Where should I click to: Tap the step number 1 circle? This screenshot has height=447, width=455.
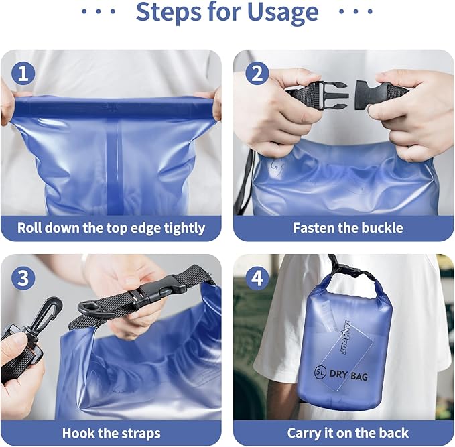point(23,72)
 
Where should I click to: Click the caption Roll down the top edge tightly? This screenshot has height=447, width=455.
point(111,227)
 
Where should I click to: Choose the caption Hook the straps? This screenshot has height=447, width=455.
point(111,432)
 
